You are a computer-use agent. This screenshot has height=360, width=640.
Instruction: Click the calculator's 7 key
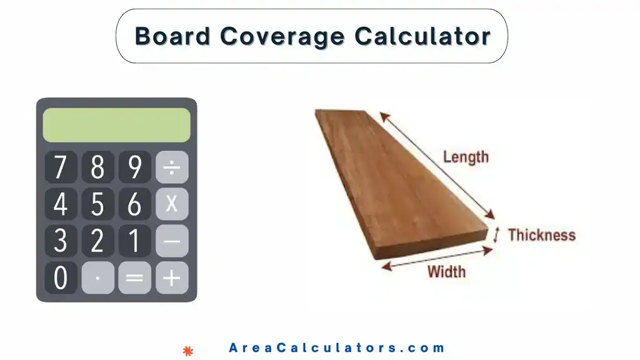click(61, 167)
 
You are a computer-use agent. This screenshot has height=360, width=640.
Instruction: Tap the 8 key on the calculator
click(97, 167)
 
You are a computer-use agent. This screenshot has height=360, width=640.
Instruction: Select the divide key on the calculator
click(172, 167)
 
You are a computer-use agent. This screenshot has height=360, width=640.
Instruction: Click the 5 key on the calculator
click(97, 204)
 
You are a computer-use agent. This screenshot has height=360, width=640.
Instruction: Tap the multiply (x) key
click(172, 204)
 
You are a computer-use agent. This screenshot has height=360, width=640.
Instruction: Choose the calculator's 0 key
click(61, 277)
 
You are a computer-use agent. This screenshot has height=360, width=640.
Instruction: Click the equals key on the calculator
click(134, 277)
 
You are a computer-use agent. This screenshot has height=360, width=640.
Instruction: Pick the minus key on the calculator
click(172, 241)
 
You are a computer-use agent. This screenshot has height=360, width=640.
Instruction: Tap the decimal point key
click(97, 277)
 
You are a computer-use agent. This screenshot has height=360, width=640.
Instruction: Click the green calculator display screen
click(116, 125)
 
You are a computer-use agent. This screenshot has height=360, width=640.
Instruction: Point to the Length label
click(466, 157)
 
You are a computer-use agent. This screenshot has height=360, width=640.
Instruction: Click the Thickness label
click(541, 235)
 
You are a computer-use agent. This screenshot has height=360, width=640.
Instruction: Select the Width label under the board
click(446, 272)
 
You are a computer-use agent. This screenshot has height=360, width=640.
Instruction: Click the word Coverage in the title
click(282, 36)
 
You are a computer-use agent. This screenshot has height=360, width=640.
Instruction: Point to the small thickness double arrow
click(497, 235)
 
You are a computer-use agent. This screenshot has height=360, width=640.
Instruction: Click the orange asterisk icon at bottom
click(186, 350)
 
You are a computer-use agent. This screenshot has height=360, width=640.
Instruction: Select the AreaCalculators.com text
click(337, 348)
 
